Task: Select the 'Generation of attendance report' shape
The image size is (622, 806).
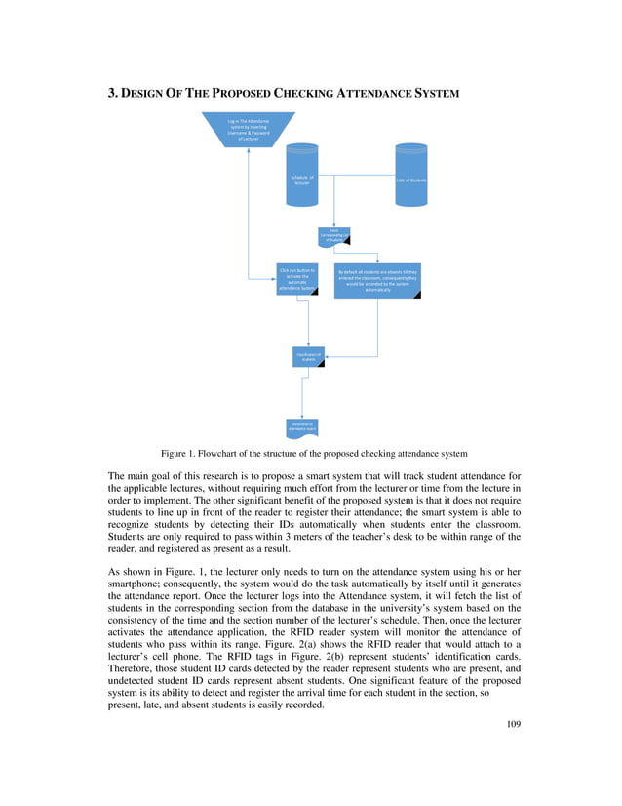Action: click(x=302, y=425)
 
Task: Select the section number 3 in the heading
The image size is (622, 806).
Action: click(x=111, y=94)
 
